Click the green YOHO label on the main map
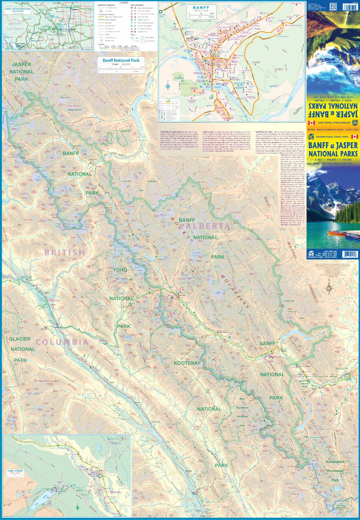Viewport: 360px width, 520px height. [120, 270]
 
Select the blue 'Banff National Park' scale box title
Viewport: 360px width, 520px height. [121, 61]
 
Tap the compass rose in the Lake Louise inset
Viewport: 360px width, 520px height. [77, 507]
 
